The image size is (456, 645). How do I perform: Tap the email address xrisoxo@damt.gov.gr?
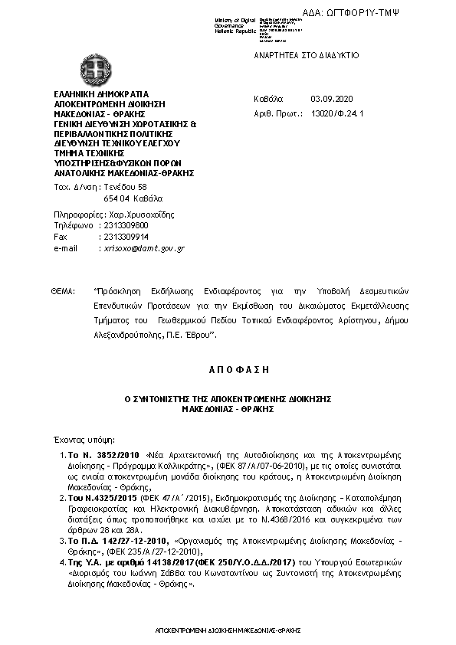coord(143,249)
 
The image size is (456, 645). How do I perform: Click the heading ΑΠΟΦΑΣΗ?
coord(228,368)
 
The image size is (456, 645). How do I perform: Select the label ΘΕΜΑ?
coord(64,292)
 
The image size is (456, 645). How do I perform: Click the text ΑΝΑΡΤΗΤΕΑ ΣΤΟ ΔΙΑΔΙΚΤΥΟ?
coord(307,57)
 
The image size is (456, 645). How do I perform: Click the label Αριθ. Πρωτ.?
coord(274,113)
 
